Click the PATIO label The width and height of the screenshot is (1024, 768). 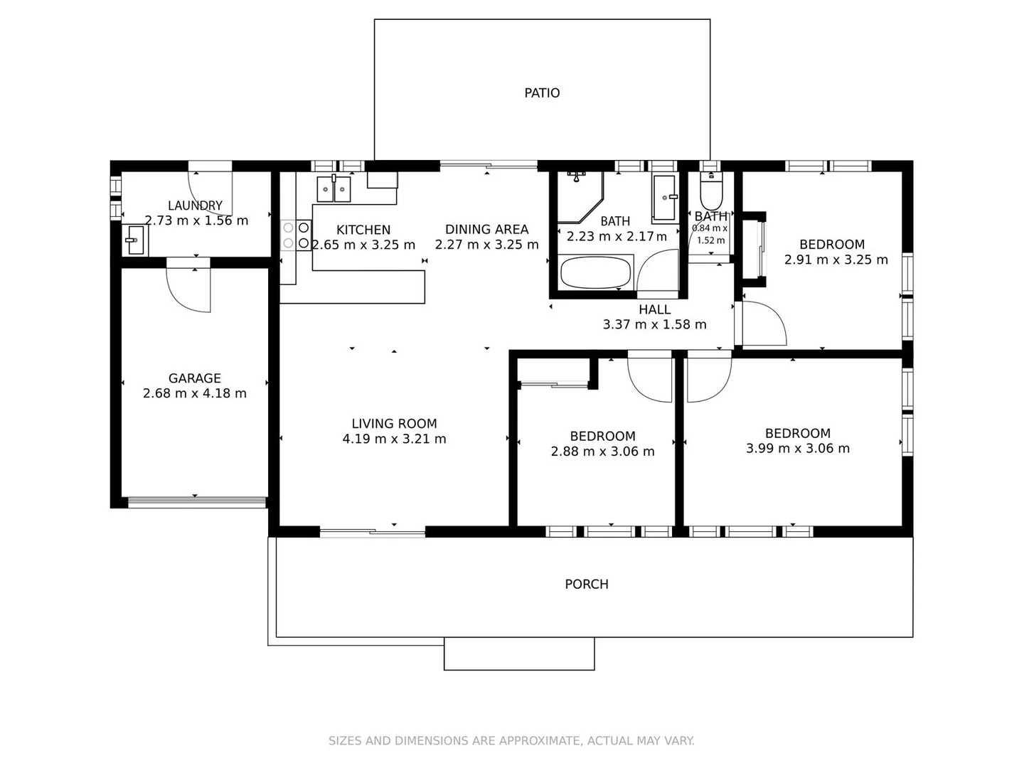click(x=542, y=93)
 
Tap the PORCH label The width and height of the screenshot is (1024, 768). click(x=586, y=584)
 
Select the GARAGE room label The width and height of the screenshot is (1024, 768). click(x=194, y=378)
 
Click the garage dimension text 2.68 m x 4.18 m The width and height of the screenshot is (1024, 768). click(x=194, y=393)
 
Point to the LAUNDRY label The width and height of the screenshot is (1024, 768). click(x=195, y=206)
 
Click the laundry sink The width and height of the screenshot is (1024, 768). click(x=134, y=240)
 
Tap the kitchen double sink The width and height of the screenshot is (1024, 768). click(x=334, y=189)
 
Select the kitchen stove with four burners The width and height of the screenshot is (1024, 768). click(x=297, y=235)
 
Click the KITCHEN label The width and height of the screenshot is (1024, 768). click(x=363, y=230)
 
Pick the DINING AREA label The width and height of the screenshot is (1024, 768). click(x=486, y=229)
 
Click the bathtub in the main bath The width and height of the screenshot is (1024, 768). click(x=595, y=272)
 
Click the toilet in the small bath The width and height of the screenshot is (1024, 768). click(x=710, y=189)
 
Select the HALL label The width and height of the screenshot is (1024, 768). click(x=654, y=309)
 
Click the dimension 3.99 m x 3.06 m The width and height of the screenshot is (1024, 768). click(x=797, y=448)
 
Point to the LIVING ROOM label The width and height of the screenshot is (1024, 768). click(x=394, y=423)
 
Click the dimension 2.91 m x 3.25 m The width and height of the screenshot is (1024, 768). click(x=836, y=260)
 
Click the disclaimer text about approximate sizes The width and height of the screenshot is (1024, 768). click(x=511, y=740)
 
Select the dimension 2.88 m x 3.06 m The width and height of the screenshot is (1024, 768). click(x=602, y=452)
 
